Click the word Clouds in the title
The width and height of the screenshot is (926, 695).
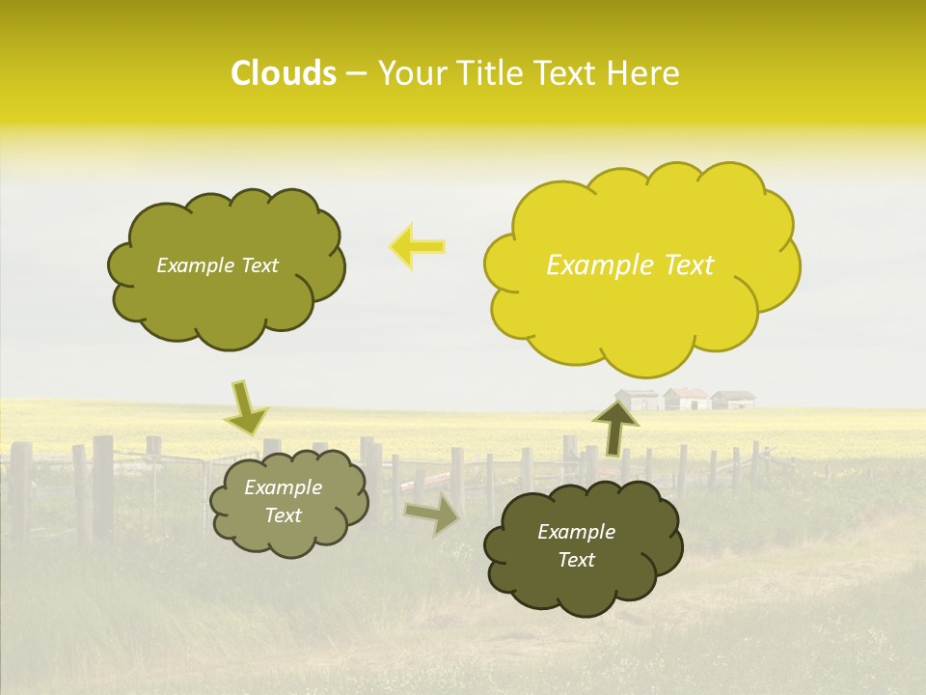284,73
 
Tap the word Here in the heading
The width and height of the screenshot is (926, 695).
644,73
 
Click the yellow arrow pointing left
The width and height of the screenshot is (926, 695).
418,247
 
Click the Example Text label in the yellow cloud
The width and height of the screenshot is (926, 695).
630,265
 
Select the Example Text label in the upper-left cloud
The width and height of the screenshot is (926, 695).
217,265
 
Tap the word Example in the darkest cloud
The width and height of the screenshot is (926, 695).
576,532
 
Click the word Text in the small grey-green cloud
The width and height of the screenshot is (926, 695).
283,515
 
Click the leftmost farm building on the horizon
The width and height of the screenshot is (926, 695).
638,400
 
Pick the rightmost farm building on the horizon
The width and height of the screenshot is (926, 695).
732,399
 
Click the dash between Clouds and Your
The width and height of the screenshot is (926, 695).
356,74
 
